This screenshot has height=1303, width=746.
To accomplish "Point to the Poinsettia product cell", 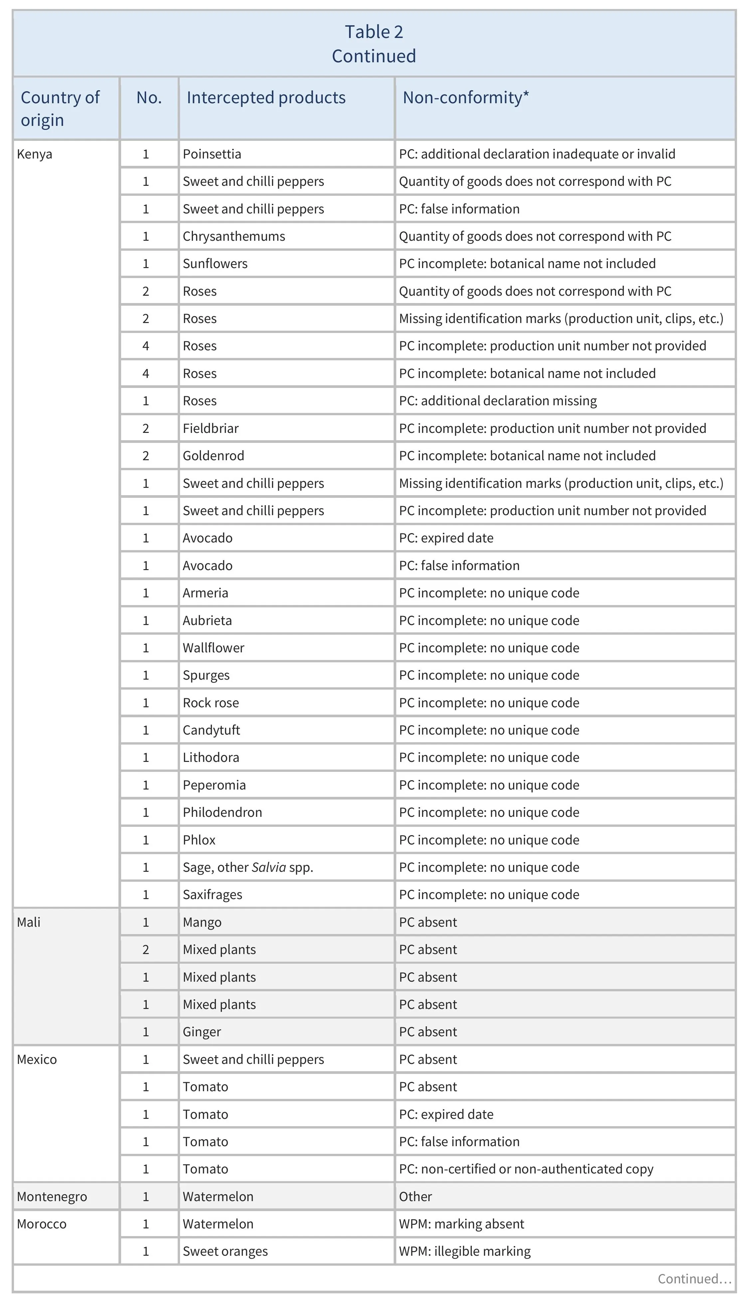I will click(212, 154).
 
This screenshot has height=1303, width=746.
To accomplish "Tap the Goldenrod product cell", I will click(213, 456).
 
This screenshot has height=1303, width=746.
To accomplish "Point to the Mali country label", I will click(29, 922).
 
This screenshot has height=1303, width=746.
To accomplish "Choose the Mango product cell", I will click(202, 922).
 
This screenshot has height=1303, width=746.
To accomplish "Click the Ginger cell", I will click(202, 1032).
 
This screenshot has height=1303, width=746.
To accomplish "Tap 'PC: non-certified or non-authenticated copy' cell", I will click(526, 1169).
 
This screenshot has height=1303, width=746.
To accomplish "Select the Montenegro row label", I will click(52, 1196).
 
